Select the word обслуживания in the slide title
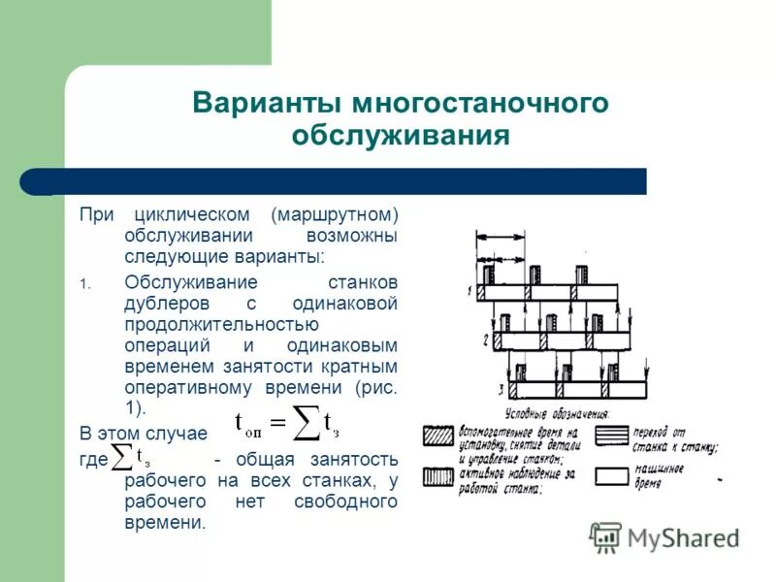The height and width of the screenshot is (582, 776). pos(400,135)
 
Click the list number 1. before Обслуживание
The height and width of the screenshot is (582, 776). pos(84,283)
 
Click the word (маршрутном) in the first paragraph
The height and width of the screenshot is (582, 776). pos(335,213)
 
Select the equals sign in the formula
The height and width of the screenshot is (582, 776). pos(276,422)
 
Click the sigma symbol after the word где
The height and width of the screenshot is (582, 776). pos(122,457)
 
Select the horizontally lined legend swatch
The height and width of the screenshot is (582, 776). pos(611,436)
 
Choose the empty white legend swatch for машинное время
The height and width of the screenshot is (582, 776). pos(611,475)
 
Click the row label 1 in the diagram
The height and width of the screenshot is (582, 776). pos(469,291)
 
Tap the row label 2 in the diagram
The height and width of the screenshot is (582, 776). pos(484,339)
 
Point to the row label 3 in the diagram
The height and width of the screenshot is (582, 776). pos(500,389)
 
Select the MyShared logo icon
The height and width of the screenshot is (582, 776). pos(606,536)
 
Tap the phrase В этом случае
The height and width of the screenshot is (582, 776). pos(144,433)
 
